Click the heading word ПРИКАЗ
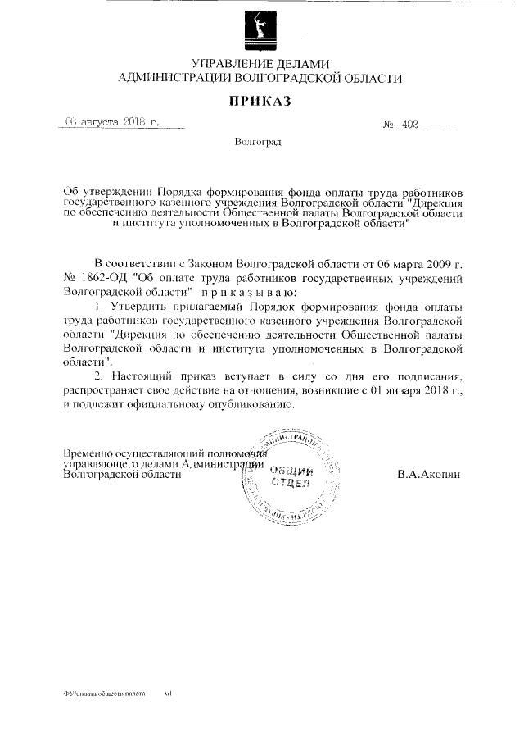pos(260,102)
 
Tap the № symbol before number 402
pos(388,125)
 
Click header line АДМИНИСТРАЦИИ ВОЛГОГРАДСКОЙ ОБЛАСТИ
pos(260,79)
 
